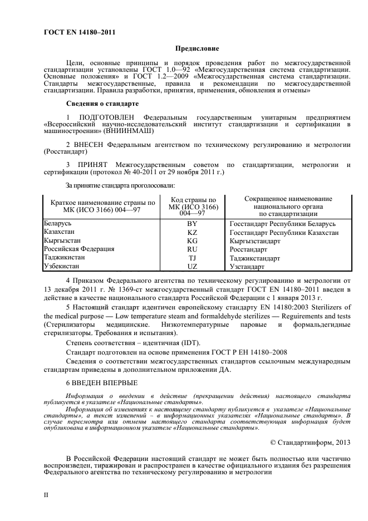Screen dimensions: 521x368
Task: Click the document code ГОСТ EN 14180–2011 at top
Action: point(79,32)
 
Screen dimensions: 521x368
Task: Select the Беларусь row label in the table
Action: point(61,223)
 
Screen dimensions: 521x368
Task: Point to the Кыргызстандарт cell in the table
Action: point(255,241)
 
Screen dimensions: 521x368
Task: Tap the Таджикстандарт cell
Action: point(256,258)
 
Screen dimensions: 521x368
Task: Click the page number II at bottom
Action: point(47,494)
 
